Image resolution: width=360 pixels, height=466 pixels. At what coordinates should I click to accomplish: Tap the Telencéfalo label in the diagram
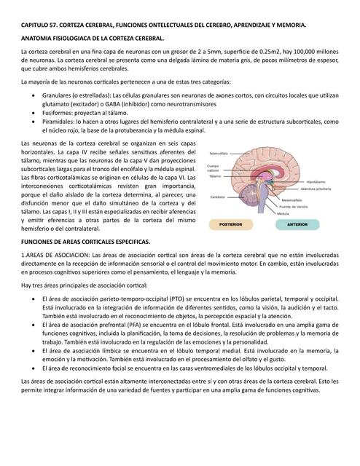[x=219, y=154]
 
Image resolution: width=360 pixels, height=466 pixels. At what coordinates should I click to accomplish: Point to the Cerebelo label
[x=217, y=197]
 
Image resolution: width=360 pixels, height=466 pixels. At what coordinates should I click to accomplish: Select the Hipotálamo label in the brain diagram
[x=316, y=181]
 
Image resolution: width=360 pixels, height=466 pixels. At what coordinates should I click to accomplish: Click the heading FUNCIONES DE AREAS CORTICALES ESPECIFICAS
[x=85, y=240]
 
